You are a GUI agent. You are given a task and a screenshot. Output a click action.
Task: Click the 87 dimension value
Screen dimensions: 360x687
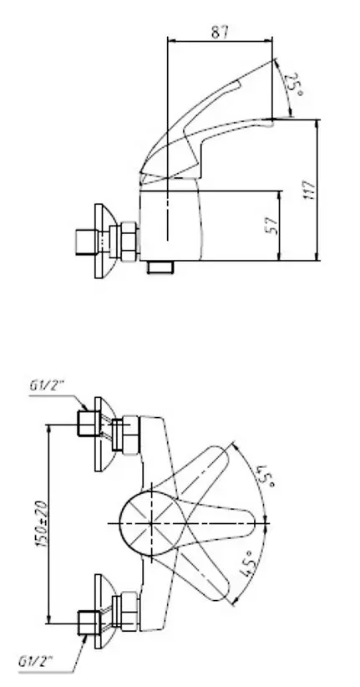(220, 32)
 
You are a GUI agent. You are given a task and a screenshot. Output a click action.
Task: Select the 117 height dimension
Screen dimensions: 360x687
(310, 190)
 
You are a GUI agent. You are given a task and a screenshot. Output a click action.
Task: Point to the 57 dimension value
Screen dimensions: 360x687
(273, 225)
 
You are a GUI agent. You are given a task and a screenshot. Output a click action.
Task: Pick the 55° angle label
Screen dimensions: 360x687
(266, 476)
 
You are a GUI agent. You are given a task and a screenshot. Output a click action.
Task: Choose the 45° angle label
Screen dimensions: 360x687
(248, 564)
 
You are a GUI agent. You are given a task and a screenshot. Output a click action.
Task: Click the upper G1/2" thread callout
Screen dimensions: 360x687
(47, 385)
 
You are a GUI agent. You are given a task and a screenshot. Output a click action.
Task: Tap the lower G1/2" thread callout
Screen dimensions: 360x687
(35, 661)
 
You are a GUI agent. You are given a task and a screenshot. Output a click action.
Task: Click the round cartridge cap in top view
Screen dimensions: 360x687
(152, 523)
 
